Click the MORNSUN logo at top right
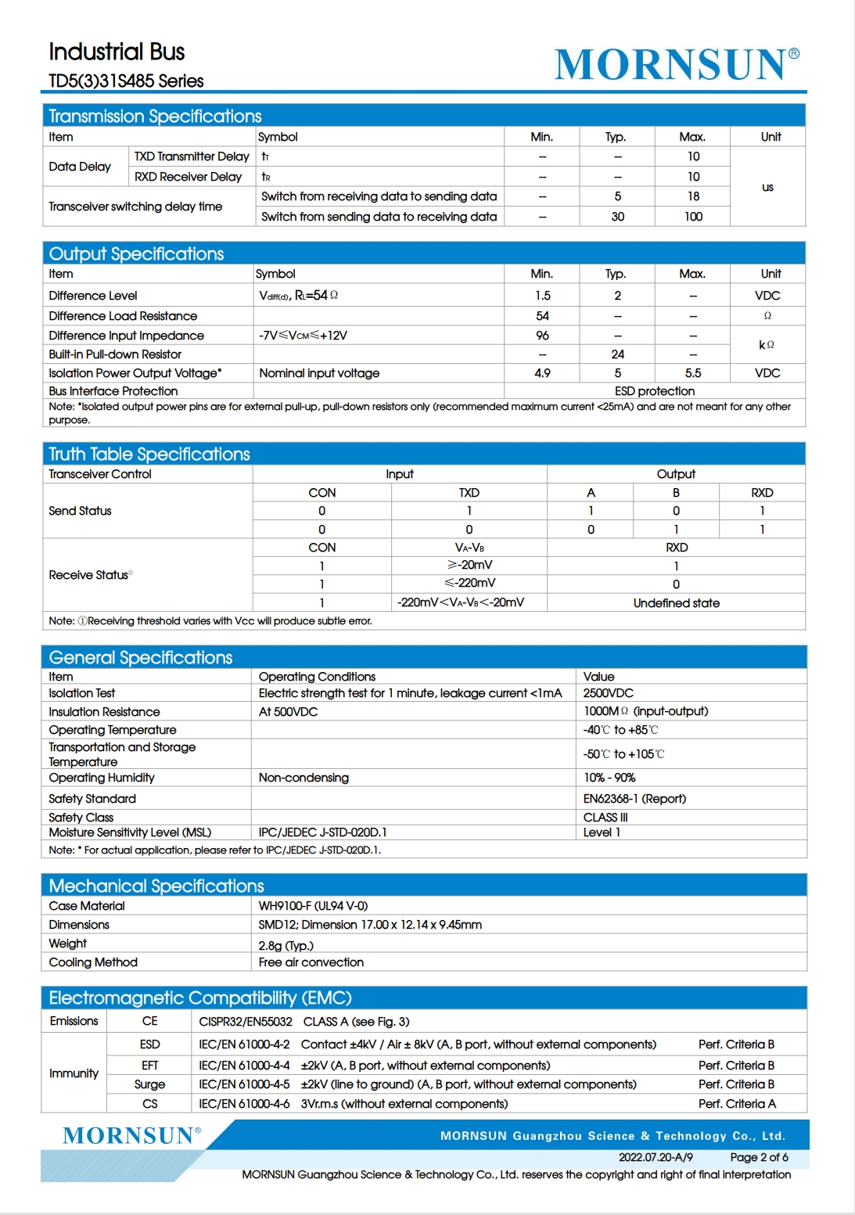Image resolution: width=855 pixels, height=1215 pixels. click(676, 64)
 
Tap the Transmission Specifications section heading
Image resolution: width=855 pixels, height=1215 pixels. click(155, 117)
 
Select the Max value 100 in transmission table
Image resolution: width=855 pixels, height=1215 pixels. click(693, 217)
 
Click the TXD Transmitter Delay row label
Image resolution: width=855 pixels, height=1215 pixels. click(192, 156)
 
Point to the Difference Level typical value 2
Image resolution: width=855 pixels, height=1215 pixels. click(617, 296)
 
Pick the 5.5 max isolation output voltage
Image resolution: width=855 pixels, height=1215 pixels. click(693, 373)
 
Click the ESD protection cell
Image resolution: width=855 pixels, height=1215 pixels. click(654, 391)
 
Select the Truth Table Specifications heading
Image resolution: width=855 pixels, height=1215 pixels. click(149, 455)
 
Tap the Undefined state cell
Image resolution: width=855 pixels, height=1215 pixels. click(676, 603)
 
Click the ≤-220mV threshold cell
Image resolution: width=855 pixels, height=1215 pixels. click(469, 583)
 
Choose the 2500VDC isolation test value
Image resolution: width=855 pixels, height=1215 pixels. click(608, 693)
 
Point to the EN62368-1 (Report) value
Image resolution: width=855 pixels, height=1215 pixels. click(634, 799)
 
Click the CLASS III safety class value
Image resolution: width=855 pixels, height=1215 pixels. click(605, 818)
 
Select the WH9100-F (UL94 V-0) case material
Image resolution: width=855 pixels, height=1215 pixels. click(313, 906)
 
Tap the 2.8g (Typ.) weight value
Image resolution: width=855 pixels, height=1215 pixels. click(286, 945)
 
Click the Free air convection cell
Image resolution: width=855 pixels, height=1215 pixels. click(311, 962)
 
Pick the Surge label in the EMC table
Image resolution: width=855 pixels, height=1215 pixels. click(149, 1084)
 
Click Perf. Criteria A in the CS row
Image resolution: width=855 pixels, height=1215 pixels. click(737, 1104)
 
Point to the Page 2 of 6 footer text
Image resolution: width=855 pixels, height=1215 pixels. click(759, 1157)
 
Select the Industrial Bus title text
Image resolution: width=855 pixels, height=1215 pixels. click(117, 52)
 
